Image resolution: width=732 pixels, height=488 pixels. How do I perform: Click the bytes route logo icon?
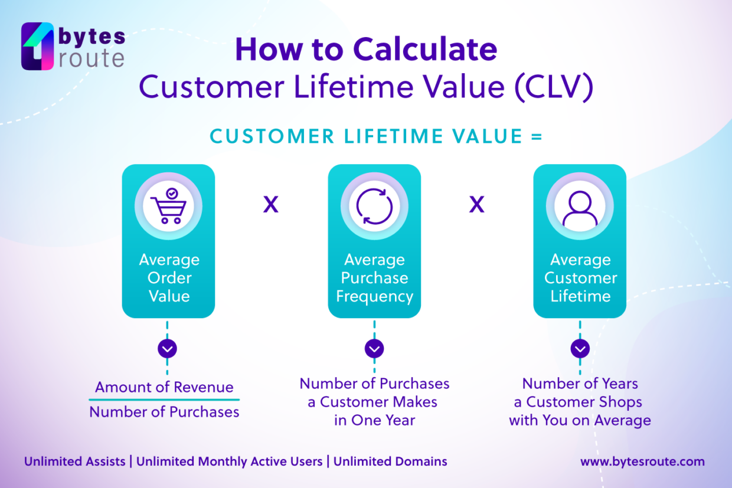pyautogui.click(x=38, y=47)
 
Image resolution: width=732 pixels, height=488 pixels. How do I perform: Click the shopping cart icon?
pyautogui.click(x=168, y=206)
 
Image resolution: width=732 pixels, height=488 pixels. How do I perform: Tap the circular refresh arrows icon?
pyautogui.click(x=374, y=206)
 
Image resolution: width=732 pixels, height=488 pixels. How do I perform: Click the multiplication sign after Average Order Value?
pyautogui.click(x=270, y=205)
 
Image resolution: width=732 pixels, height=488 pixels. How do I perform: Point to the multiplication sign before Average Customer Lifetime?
pyautogui.click(x=476, y=205)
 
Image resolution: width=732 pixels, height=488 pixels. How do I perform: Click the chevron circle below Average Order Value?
pyautogui.click(x=168, y=349)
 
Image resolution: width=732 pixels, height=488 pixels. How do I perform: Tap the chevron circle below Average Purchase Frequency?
pyautogui.click(x=374, y=349)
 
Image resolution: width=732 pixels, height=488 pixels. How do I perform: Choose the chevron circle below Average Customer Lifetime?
pyautogui.click(x=580, y=349)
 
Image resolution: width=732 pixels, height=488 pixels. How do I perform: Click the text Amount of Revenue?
pyautogui.click(x=164, y=387)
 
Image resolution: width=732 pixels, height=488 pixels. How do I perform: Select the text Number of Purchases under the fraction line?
pyautogui.click(x=164, y=412)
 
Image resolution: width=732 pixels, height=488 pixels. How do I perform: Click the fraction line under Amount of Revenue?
pyautogui.click(x=164, y=399)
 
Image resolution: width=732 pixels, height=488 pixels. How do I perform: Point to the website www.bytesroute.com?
pyautogui.click(x=642, y=461)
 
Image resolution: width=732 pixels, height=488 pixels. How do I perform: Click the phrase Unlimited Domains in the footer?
pyautogui.click(x=390, y=461)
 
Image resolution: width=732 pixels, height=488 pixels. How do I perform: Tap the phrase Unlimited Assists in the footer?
pyautogui.click(x=75, y=461)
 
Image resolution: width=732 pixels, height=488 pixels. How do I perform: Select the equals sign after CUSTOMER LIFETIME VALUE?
pyautogui.click(x=536, y=137)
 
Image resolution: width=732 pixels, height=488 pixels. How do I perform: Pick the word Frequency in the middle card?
pyautogui.click(x=374, y=296)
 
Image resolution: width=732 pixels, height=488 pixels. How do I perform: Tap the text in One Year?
pyautogui.click(x=374, y=420)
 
